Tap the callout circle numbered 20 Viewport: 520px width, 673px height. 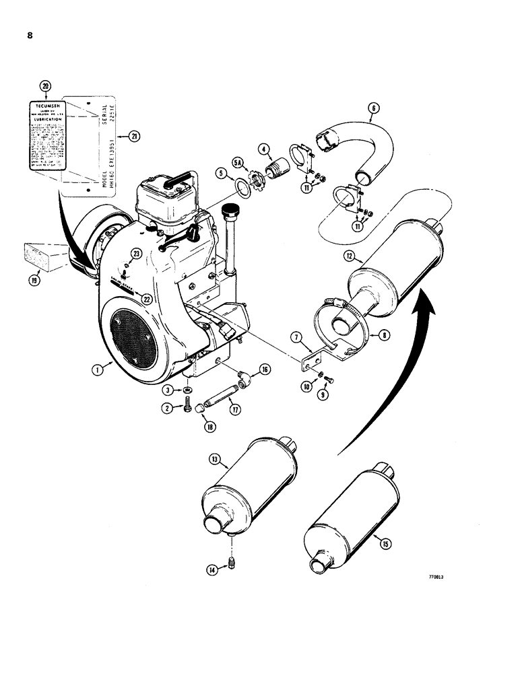click(x=45, y=86)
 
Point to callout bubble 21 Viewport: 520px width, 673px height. click(x=135, y=137)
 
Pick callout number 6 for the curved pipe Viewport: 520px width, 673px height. click(x=375, y=107)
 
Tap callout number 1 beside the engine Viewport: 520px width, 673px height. click(x=98, y=369)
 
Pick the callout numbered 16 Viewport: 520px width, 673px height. click(x=263, y=369)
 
